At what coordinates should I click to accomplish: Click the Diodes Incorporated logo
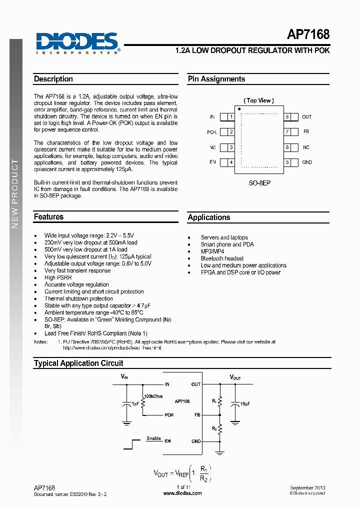pos(77,42)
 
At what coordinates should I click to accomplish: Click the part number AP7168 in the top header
pos(308,34)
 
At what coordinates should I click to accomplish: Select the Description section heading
pos(53,79)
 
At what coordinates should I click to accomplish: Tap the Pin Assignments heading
pos(216,79)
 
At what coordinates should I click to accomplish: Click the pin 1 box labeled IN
pos(230,117)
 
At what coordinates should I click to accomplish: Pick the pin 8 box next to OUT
pos(288,117)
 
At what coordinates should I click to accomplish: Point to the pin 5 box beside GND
pos(288,162)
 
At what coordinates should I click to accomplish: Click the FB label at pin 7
pos(306,132)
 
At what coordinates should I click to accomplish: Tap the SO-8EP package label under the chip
pos(259,183)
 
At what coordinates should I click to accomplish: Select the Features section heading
pos(48,217)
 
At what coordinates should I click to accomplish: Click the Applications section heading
pos(209,217)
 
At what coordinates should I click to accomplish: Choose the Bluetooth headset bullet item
pos(222,258)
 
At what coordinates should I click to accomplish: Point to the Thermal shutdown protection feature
pos(78,298)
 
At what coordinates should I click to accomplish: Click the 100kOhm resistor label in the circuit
pos(153,396)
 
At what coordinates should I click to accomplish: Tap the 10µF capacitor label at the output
pos(245,403)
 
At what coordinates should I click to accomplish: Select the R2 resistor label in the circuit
pos(213,429)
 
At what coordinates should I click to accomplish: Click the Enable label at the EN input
pos(153,438)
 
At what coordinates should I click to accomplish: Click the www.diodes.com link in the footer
pos(182,493)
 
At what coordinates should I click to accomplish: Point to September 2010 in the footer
pos(307,487)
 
